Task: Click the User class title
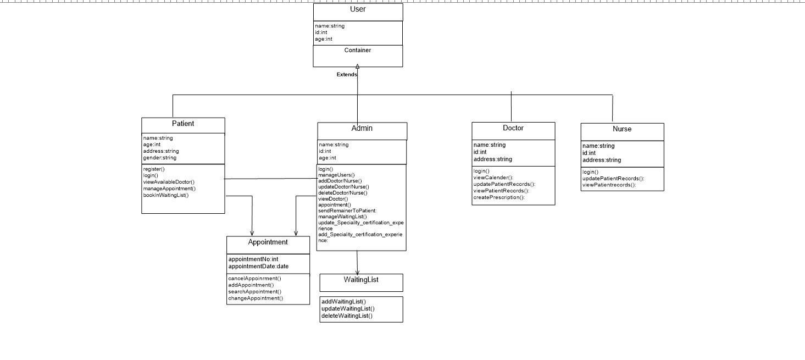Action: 358,9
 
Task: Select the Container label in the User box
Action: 358,51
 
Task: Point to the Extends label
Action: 347,74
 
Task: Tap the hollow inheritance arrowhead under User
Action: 357,67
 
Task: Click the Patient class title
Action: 183,124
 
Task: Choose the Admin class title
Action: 362,128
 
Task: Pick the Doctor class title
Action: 513,128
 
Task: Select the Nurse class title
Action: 622,129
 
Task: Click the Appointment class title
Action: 268,242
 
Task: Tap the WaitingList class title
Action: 361,280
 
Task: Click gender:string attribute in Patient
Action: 159,158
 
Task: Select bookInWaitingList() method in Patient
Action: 166,196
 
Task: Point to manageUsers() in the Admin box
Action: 336,175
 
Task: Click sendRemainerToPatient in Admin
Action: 347,211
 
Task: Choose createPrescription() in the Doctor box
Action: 499,197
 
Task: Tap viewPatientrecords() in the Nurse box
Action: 609,185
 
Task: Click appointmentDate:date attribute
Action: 258,266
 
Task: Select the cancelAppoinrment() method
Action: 255,279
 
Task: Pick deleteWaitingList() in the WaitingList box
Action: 347,316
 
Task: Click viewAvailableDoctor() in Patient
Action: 169,182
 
